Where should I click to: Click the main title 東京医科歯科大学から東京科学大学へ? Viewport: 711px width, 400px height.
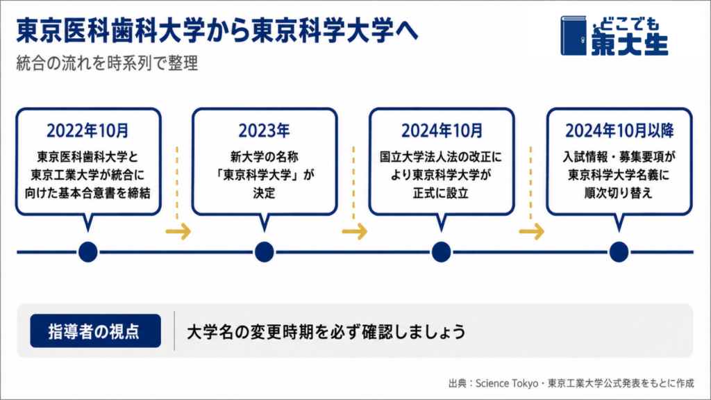(x=217, y=31)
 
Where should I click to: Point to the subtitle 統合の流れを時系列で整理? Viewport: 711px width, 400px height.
(x=107, y=63)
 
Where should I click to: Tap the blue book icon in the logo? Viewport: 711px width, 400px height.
(x=574, y=36)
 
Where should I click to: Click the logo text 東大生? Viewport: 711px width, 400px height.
(x=629, y=44)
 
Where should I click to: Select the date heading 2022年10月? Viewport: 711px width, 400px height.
(x=88, y=131)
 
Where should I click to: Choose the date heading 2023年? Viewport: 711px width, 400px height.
(x=264, y=131)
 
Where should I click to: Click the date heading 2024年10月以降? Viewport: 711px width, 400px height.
(x=619, y=131)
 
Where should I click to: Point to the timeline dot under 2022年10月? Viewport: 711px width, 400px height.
(x=88, y=251)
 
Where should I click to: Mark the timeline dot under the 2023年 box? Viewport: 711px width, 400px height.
(x=264, y=251)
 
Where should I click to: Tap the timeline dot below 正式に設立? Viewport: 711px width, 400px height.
(x=441, y=251)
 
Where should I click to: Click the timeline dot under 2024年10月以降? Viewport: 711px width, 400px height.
(x=619, y=251)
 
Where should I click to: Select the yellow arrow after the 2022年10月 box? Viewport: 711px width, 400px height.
(x=178, y=231)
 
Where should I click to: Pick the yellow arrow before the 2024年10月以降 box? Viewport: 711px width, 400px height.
(x=531, y=231)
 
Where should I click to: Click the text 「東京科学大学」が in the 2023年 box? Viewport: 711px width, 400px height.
(x=264, y=175)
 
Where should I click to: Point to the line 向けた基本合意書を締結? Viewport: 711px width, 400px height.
(x=87, y=193)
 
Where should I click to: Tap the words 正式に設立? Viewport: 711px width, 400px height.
(x=441, y=193)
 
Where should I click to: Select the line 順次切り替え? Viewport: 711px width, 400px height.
(x=619, y=193)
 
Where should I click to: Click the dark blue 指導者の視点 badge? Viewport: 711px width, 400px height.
(x=96, y=331)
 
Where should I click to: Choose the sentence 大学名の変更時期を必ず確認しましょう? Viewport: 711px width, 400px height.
(x=326, y=331)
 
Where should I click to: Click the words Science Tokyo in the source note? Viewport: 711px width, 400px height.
(x=506, y=383)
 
